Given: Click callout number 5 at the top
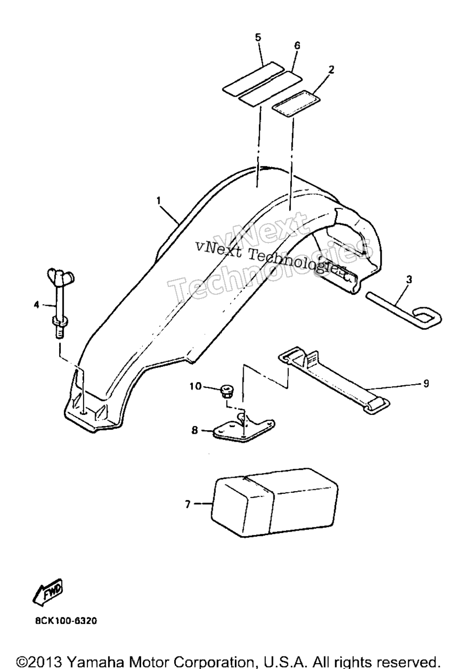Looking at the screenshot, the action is click(x=258, y=38).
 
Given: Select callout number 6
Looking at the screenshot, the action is click(x=297, y=45).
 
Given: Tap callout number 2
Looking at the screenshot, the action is click(x=331, y=70).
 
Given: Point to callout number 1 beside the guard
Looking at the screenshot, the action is click(x=158, y=201).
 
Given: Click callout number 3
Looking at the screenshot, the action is click(x=409, y=279).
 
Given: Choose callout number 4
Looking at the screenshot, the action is click(x=37, y=305).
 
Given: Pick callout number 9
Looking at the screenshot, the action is click(x=426, y=383).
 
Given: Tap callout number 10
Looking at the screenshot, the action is click(x=196, y=386).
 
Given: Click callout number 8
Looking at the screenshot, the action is click(x=195, y=430).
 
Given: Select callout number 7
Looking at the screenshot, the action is click(x=188, y=504).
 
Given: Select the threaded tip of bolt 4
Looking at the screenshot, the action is click(x=60, y=332).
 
